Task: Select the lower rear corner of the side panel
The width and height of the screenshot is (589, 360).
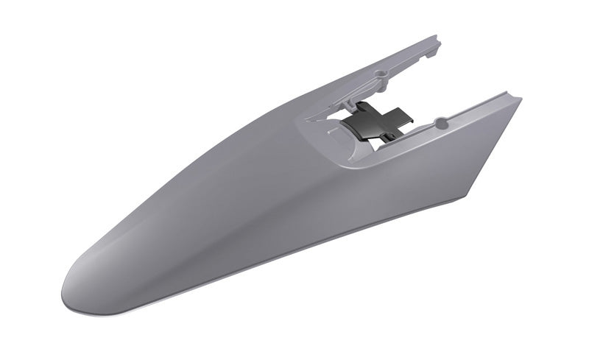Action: click(468, 197)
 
